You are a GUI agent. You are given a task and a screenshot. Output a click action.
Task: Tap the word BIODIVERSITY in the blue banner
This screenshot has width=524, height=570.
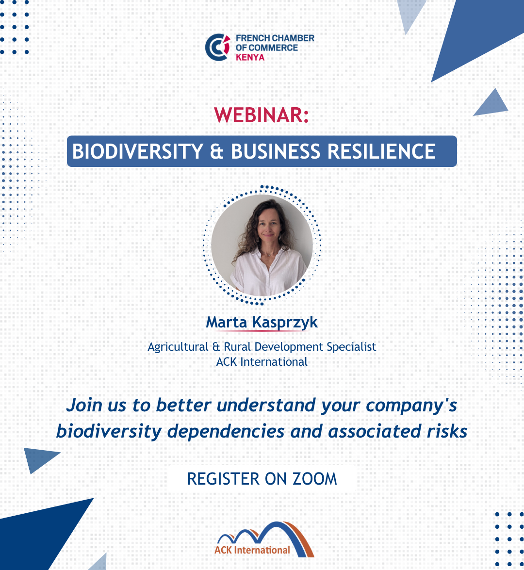137,151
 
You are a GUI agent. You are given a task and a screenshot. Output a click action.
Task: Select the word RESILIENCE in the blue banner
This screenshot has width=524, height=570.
381,151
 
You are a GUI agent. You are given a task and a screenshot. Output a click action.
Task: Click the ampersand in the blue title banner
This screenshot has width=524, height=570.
217,151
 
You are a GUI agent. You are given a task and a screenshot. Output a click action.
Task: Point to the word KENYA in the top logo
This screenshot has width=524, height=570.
250,57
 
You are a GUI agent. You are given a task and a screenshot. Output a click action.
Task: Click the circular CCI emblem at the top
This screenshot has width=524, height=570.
218,47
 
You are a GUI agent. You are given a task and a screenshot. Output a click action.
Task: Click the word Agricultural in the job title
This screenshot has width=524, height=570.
178,347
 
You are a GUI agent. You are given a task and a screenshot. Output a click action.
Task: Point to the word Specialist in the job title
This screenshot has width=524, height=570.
351,347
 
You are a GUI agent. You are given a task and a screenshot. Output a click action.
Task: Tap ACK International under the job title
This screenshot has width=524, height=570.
262,362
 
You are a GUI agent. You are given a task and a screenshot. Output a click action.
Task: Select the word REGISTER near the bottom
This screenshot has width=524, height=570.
223,479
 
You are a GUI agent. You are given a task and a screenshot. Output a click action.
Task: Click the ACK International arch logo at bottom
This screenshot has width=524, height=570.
264,539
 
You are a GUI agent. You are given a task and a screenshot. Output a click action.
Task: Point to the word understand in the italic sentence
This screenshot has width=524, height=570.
266,405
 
